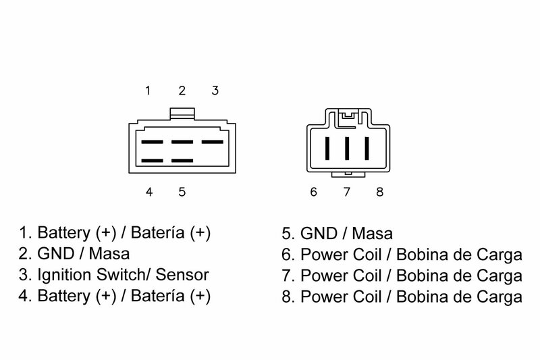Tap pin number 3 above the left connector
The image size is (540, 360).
[214, 91]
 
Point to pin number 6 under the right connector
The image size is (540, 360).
[313, 192]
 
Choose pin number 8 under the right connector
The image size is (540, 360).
[379, 192]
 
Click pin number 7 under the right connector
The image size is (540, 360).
[347, 192]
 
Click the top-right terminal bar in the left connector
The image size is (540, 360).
[212, 143]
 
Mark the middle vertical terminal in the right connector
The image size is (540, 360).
[347, 147]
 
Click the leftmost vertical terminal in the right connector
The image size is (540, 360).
[327, 147]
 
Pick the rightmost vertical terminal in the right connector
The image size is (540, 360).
[367, 147]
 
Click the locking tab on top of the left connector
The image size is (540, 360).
[182, 112]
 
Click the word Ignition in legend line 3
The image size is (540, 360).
[59, 276]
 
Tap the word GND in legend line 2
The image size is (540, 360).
[51, 255]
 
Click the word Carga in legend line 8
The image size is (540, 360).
[503, 297]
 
